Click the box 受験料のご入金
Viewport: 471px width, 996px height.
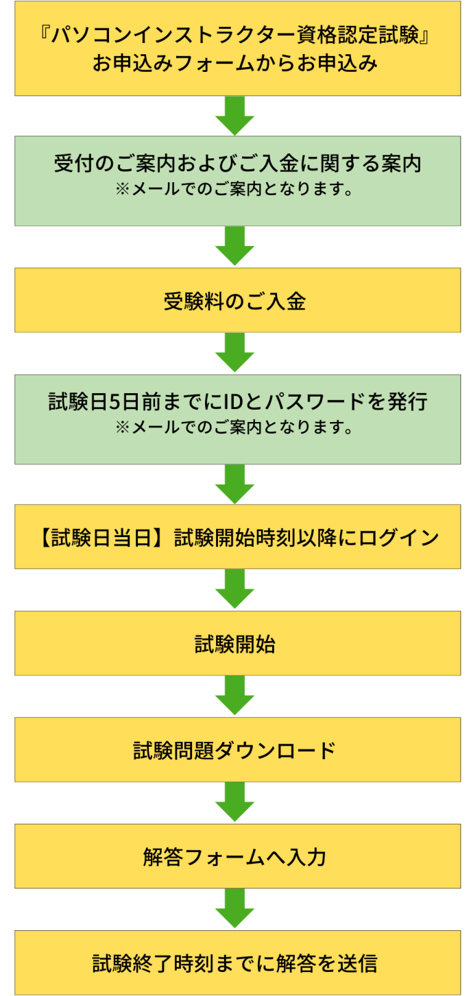point(235,301)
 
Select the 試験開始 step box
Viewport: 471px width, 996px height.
point(235,644)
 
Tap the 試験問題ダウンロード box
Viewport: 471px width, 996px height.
point(235,750)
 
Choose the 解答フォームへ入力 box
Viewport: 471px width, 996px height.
point(235,856)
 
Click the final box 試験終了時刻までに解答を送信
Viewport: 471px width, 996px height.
point(235,963)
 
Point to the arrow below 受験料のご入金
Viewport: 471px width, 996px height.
point(235,353)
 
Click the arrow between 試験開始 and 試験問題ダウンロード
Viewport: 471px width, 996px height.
point(235,695)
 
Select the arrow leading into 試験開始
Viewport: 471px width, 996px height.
point(235,589)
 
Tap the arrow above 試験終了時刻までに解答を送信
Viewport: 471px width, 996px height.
point(235,909)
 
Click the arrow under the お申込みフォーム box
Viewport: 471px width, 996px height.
point(235,115)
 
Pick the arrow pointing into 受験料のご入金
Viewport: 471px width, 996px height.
point(235,246)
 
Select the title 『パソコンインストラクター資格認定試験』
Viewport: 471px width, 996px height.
point(235,36)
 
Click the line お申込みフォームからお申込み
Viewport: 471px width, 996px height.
point(235,64)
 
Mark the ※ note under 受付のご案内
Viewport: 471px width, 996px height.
point(235,188)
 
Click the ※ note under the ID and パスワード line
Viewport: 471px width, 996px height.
point(235,428)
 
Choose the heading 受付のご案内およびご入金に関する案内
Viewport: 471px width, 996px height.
point(235,164)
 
